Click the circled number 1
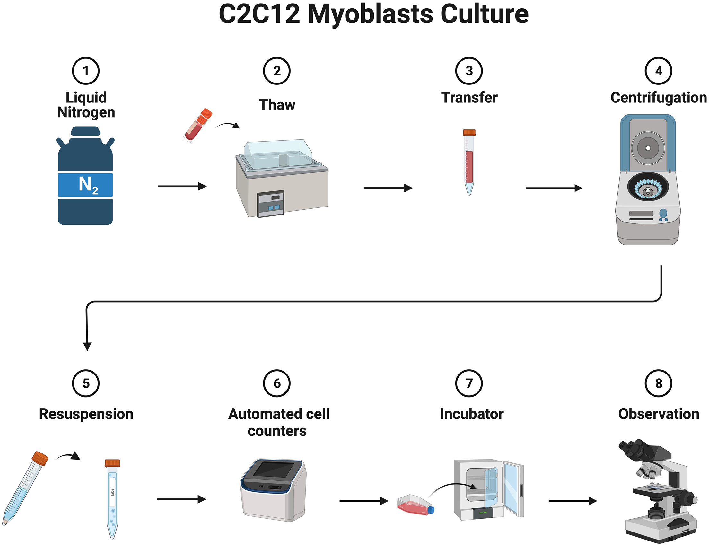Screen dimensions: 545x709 (x=86, y=71)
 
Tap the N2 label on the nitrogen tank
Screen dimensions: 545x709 (x=86, y=185)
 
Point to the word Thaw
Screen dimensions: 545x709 (x=277, y=105)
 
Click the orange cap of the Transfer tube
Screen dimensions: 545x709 (x=469, y=132)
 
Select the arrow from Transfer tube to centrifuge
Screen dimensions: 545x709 (x=554, y=188)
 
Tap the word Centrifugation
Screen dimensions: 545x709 (x=658, y=98)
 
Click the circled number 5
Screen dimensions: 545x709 (x=86, y=383)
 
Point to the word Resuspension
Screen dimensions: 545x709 (x=86, y=414)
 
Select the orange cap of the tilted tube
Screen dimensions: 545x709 (x=40, y=458)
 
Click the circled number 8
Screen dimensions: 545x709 (x=658, y=383)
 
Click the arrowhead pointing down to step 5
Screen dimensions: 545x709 (x=87, y=347)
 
